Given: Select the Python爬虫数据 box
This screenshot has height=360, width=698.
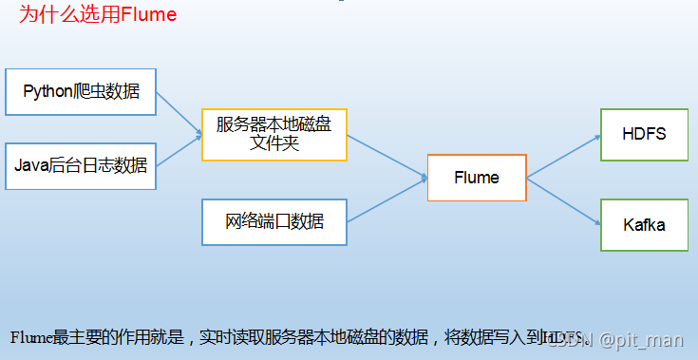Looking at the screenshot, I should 81,92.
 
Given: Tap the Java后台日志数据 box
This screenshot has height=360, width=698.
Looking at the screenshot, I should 81,166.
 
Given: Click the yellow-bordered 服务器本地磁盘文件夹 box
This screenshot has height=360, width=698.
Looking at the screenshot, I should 274,134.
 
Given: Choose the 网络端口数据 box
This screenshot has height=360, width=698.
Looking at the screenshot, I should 274,222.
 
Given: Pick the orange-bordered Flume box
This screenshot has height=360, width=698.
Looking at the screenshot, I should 477,178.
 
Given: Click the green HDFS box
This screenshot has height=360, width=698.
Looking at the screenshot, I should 644,134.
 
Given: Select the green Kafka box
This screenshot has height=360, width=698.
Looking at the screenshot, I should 644,225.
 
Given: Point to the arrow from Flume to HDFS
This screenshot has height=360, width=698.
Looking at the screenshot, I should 564,156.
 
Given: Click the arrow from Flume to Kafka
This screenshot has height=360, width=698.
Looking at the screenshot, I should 564,200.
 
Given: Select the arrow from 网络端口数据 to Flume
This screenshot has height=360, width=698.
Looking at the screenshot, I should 387,199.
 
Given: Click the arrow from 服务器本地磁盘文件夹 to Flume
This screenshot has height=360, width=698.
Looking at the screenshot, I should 387,157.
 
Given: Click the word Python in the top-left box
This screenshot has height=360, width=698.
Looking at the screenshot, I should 46,92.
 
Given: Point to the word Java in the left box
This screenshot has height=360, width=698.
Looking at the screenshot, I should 29,166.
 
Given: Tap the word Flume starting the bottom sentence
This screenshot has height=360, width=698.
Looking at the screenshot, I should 31,338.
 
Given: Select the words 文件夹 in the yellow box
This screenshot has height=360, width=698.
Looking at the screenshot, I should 274,142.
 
